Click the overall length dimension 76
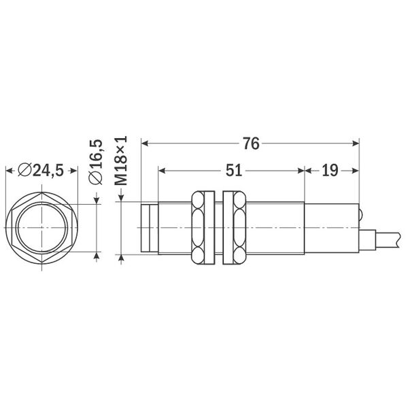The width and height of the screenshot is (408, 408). pyautogui.click(x=250, y=143)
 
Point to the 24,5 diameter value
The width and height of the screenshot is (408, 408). pyautogui.click(x=48, y=171)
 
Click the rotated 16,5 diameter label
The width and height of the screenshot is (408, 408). pyautogui.click(x=96, y=161)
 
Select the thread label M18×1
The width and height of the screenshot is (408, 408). pyautogui.click(x=121, y=161)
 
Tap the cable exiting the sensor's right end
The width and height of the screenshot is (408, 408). pyautogui.click(x=384, y=239)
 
